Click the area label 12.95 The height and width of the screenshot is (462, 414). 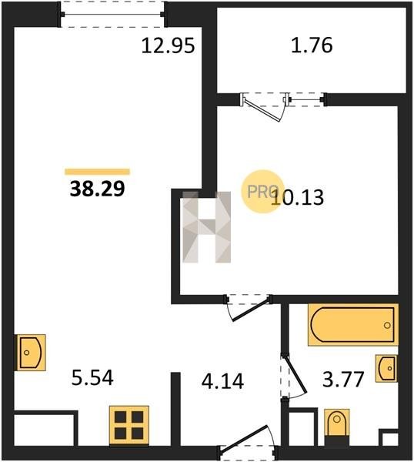coord(168,46)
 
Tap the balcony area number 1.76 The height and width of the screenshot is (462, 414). coord(312,45)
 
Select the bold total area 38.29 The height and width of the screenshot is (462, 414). coord(98,189)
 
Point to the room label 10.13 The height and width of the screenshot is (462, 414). coord(298,197)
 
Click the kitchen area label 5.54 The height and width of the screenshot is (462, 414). coord(92,378)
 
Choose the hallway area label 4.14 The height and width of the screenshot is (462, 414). coord(222,381)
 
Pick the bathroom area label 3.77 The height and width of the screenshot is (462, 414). coord(344,380)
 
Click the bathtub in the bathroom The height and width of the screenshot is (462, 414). coord(353,325)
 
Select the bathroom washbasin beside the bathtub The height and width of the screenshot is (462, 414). coord(386,369)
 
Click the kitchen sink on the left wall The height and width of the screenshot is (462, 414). coord(30,353)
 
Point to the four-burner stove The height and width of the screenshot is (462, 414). coord(129,425)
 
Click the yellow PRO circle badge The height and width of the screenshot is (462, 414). coord(262,192)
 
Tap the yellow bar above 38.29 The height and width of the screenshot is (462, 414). coord(97,172)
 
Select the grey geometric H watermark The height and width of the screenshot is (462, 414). coord(207,227)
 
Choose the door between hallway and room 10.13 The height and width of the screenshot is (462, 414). coord(249,307)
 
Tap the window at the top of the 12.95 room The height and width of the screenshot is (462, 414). coord(112,14)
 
